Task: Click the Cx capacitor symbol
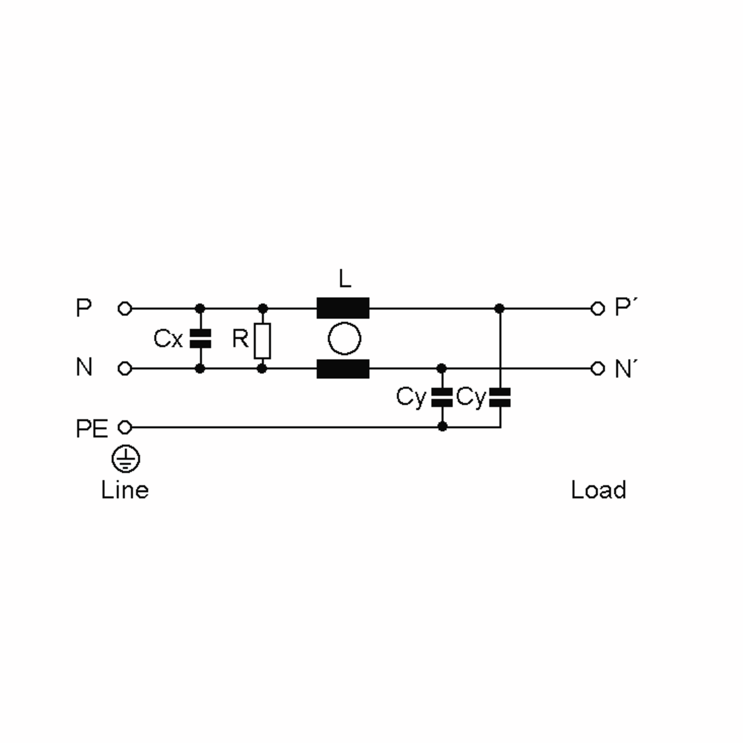pyautogui.click(x=200, y=338)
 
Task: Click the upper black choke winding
pyautogui.click(x=343, y=308)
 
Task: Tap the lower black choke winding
pyautogui.click(x=343, y=369)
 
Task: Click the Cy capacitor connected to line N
pyautogui.click(x=442, y=398)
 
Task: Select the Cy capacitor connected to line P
pyautogui.click(x=500, y=397)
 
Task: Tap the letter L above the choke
pyautogui.click(x=345, y=279)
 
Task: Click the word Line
pyautogui.click(x=125, y=490)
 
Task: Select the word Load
pyautogui.click(x=599, y=490)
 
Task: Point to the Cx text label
pyautogui.click(x=168, y=339)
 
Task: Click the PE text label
pyautogui.click(x=92, y=428)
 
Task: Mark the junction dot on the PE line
pyautogui.click(x=442, y=427)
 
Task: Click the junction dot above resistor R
pyautogui.click(x=263, y=308)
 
